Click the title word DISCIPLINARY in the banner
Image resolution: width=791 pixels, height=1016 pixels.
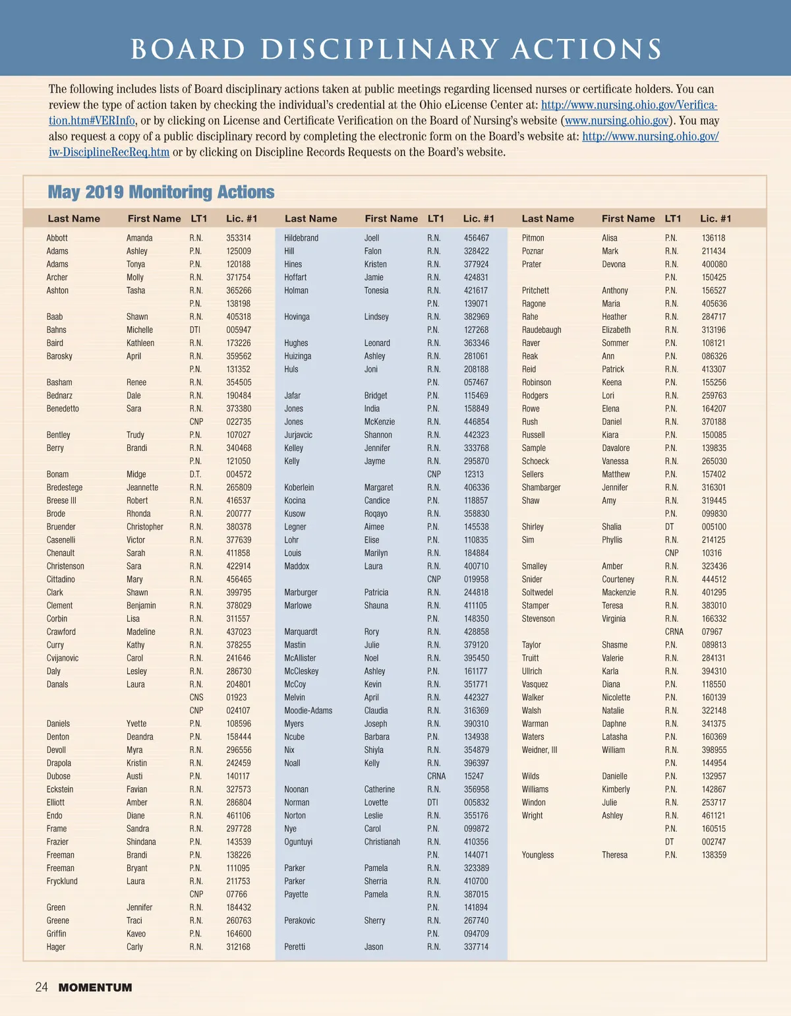tap(380, 49)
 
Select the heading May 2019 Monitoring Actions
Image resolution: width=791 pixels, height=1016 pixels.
tap(161, 193)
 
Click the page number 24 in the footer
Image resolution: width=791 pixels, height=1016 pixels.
tap(42, 987)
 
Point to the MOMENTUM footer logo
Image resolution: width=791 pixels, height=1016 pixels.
tap(96, 988)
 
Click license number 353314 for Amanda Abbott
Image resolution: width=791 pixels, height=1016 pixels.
tap(238, 238)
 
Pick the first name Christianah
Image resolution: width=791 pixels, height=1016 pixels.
tap(382, 842)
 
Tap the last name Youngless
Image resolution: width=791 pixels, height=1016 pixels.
tap(538, 855)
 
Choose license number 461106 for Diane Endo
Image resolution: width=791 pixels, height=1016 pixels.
tap(238, 816)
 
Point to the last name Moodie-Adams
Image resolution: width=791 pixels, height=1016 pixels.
tap(308, 711)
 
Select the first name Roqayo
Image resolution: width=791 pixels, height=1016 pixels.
tap(376, 514)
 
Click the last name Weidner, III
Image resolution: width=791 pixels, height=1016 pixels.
tap(539, 750)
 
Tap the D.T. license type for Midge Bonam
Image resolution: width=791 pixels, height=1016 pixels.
tap(196, 474)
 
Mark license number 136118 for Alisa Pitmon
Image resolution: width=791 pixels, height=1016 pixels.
tap(713, 238)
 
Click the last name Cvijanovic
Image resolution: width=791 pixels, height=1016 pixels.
tap(63, 658)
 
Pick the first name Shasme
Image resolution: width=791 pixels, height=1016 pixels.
tap(614, 645)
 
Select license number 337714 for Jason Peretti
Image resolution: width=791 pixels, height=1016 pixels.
tap(476, 947)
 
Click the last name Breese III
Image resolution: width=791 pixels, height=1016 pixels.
tap(61, 500)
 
